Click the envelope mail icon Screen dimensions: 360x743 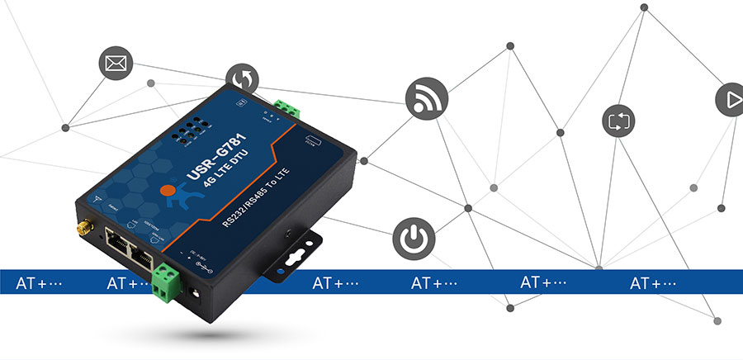pos(116,64)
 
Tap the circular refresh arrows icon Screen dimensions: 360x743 pos(243,80)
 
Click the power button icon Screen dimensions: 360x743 pos(411,236)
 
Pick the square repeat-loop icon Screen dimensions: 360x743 pos(618,121)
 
